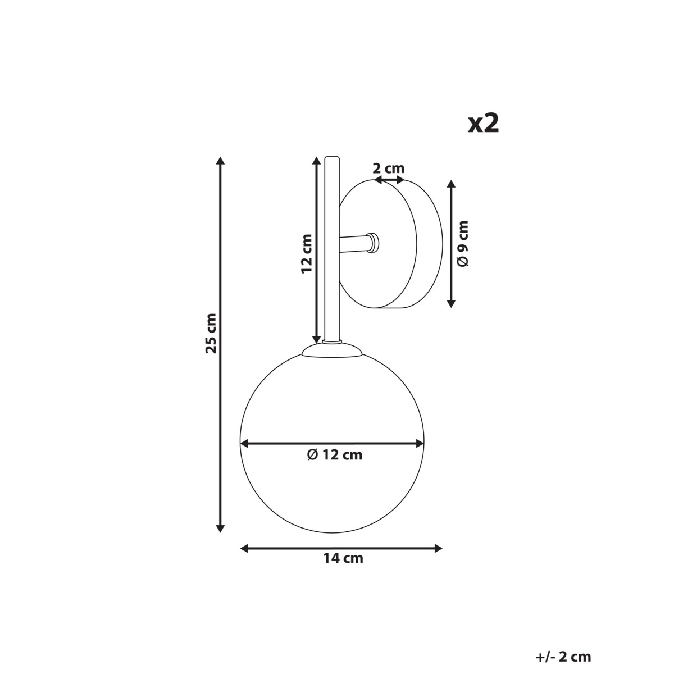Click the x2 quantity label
[484, 124]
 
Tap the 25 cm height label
[211, 333]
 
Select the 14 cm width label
[343, 558]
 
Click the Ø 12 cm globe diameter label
[335, 455]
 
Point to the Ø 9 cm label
[463, 243]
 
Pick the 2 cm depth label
[389, 168]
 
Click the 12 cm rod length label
[307, 253]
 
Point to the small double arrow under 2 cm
[389, 180]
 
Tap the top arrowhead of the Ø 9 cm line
[450, 185]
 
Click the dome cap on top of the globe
[332, 350]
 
